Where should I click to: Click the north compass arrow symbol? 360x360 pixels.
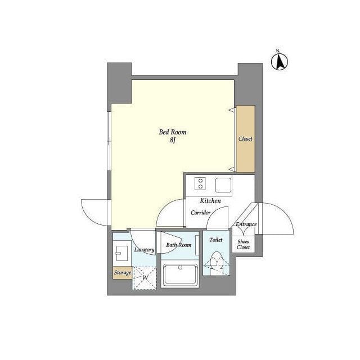click(280, 62)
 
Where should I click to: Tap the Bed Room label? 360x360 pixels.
click(173, 132)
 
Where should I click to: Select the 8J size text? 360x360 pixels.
click(173, 140)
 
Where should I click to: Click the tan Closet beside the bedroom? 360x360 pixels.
click(246, 139)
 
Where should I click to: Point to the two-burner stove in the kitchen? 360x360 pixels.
click(200, 184)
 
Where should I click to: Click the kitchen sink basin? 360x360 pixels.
click(223, 185)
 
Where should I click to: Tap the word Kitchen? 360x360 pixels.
click(210, 201)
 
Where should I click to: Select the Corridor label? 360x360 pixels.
click(200, 213)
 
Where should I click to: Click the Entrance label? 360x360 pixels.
click(246, 224)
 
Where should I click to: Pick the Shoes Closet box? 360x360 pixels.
click(244, 244)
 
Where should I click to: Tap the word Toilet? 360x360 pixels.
click(216, 240)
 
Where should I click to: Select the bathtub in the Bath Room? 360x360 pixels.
click(180, 276)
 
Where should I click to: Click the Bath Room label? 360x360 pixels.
click(179, 245)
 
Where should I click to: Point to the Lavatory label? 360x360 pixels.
click(144, 250)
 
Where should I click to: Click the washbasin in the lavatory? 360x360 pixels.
click(121, 253)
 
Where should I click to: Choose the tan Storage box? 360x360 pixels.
click(123, 273)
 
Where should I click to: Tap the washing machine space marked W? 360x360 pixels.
click(145, 278)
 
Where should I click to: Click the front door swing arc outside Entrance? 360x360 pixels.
click(276, 219)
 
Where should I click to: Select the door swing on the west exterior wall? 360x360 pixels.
click(94, 213)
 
